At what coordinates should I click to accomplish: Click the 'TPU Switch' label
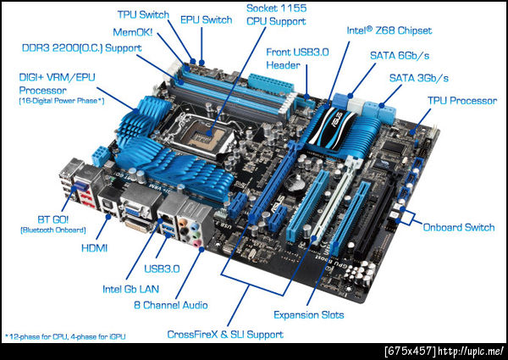pyautogui.click(x=143, y=14)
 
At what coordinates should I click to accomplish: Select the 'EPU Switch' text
pyautogui.click(x=207, y=19)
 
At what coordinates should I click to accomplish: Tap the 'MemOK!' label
pyautogui.click(x=133, y=32)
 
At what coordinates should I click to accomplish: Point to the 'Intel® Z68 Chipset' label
pyautogui.click(x=389, y=30)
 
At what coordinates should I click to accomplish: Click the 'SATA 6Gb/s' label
pyautogui.click(x=400, y=55)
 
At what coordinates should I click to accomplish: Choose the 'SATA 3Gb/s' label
pyautogui.click(x=418, y=78)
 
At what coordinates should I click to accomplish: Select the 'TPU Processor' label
pyautogui.click(x=462, y=101)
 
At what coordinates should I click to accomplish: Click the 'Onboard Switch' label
pyautogui.click(x=459, y=227)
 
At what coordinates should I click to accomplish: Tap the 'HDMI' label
pyautogui.click(x=94, y=248)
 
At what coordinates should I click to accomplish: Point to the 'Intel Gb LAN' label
pyautogui.click(x=130, y=289)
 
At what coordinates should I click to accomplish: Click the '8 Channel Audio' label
pyautogui.click(x=171, y=305)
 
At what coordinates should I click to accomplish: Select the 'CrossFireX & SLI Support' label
pyautogui.click(x=225, y=335)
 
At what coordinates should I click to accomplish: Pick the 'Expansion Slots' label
pyautogui.click(x=308, y=314)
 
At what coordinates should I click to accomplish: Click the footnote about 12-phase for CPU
pyautogui.click(x=65, y=336)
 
